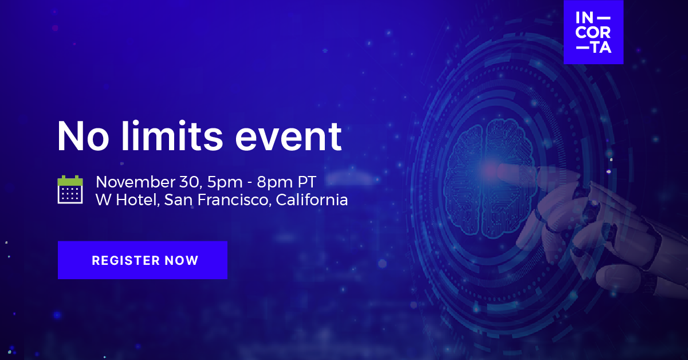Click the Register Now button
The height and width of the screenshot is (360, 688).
tap(143, 260)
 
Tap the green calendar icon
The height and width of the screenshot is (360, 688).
tap(70, 190)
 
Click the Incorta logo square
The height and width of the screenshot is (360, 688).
tap(593, 32)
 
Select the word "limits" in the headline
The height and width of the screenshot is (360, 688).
tap(172, 136)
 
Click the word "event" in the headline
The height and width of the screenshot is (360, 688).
tap(288, 136)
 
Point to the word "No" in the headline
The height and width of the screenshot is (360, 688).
tap(83, 136)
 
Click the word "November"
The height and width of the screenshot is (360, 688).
tap(135, 182)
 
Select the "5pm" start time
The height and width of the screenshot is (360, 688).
tap(225, 183)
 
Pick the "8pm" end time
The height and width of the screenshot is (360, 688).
tap(274, 183)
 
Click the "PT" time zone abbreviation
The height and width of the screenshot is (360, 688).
tap(307, 182)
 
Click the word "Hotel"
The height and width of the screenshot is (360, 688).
tap(137, 200)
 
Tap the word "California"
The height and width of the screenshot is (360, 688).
tap(312, 199)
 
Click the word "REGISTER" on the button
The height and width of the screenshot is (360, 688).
tap(126, 260)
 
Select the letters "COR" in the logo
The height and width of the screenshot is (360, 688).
tap(593, 33)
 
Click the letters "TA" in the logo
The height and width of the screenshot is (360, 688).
tap(601, 48)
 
